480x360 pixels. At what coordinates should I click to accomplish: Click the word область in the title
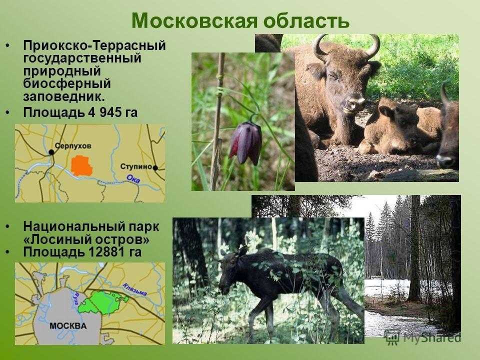(306, 20)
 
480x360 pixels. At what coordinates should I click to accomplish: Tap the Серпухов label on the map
(73, 146)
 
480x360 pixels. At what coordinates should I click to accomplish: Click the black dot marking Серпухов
(51, 152)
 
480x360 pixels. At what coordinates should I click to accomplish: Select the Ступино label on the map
(136, 166)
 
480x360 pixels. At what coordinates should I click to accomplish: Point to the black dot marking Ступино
(155, 168)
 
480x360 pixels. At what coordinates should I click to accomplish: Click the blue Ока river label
(133, 179)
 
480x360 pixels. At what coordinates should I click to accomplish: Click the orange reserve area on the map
(81, 165)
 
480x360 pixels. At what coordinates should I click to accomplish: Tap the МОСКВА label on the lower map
(68, 325)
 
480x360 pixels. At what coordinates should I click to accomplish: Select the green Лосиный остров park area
(102, 303)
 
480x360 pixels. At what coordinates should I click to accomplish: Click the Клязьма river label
(134, 289)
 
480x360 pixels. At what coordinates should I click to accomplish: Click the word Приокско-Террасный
(94, 45)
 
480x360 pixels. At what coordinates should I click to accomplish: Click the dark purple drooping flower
(246, 143)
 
